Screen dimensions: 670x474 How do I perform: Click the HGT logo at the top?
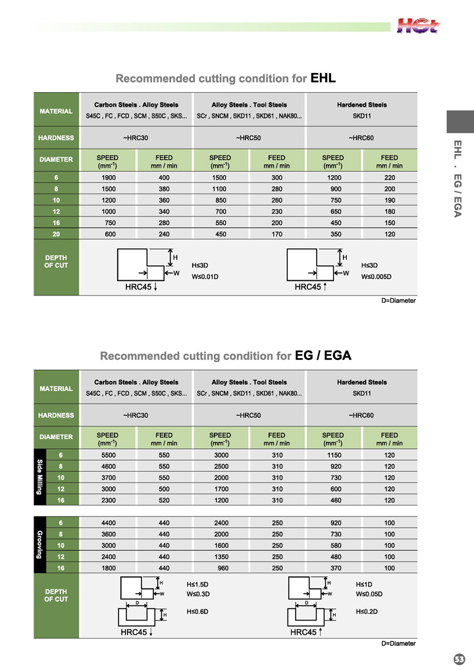[418, 26]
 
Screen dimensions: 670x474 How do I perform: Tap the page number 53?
[459, 658]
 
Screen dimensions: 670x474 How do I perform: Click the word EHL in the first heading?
[323, 78]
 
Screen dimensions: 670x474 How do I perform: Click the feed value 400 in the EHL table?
[164, 178]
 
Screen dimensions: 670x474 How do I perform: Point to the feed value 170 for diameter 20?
[276, 233]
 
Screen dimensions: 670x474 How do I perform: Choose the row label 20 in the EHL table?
[57, 233]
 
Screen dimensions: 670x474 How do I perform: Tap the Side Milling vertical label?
[39, 477]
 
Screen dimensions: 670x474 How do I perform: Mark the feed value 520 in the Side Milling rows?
[164, 500]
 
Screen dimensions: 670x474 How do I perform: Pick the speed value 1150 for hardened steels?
[333, 455]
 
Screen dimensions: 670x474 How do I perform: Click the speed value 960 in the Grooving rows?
[220, 567]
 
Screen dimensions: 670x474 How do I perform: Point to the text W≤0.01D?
[205, 276]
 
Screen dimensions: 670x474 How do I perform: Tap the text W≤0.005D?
[377, 276]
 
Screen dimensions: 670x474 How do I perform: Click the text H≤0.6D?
[197, 611]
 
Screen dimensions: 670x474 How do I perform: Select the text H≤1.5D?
[197, 584]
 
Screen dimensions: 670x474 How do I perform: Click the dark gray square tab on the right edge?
[460, 122]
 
